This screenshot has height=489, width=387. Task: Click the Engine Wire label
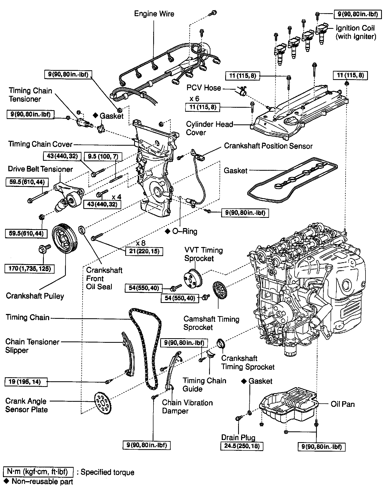click(x=154, y=14)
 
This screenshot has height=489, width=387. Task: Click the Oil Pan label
click(x=342, y=404)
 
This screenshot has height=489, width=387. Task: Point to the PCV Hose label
click(x=204, y=88)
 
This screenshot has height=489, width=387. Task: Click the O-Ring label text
click(x=185, y=231)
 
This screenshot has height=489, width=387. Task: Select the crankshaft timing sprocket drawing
click(x=221, y=344)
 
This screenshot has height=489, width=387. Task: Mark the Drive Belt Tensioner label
click(x=40, y=169)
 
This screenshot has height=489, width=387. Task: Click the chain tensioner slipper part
click(x=128, y=355)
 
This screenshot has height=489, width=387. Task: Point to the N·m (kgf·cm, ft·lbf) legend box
click(x=38, y=472)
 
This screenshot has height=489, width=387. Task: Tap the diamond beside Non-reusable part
click(x=6, y=481)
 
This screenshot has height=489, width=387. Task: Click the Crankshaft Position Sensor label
click(x=268, y=146)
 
